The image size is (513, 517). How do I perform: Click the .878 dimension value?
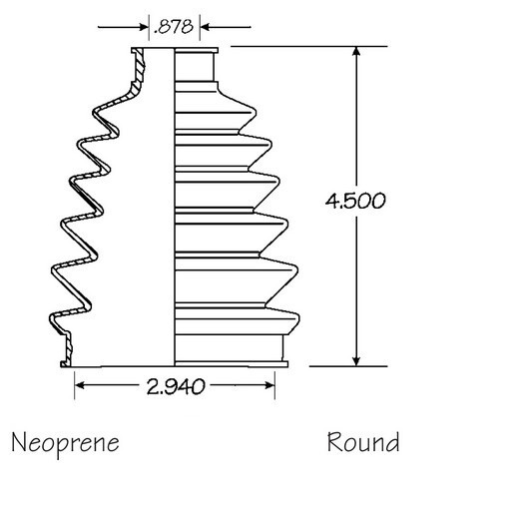point(175,27)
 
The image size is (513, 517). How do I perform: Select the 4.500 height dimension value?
point(355,199)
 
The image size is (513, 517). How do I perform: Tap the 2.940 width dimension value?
point(175,386)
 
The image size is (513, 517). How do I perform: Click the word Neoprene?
point(65,441)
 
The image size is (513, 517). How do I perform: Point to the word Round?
point(363,441)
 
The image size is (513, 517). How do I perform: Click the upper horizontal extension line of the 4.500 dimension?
point(299,46)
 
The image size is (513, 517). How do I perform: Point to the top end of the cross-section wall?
point(139,52)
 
